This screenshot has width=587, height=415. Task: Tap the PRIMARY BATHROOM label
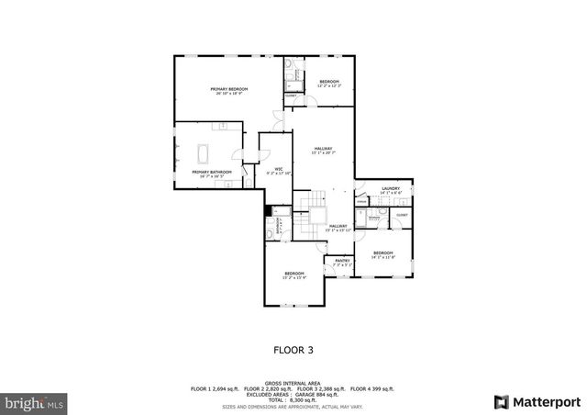coord(211,173)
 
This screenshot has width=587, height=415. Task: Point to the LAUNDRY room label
coord(391,188)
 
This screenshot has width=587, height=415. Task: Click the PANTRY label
coord(342,261)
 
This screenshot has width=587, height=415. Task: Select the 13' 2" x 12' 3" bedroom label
coord(329,84)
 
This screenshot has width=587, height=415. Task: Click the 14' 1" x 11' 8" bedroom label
coord(382,254)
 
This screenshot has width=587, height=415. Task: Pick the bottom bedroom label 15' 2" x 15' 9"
coord(293,275)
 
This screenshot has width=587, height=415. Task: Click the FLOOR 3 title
coord(293,349)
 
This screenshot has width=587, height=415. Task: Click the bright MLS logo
coord(35,402)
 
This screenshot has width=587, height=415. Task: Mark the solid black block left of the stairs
coord(268,210)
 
